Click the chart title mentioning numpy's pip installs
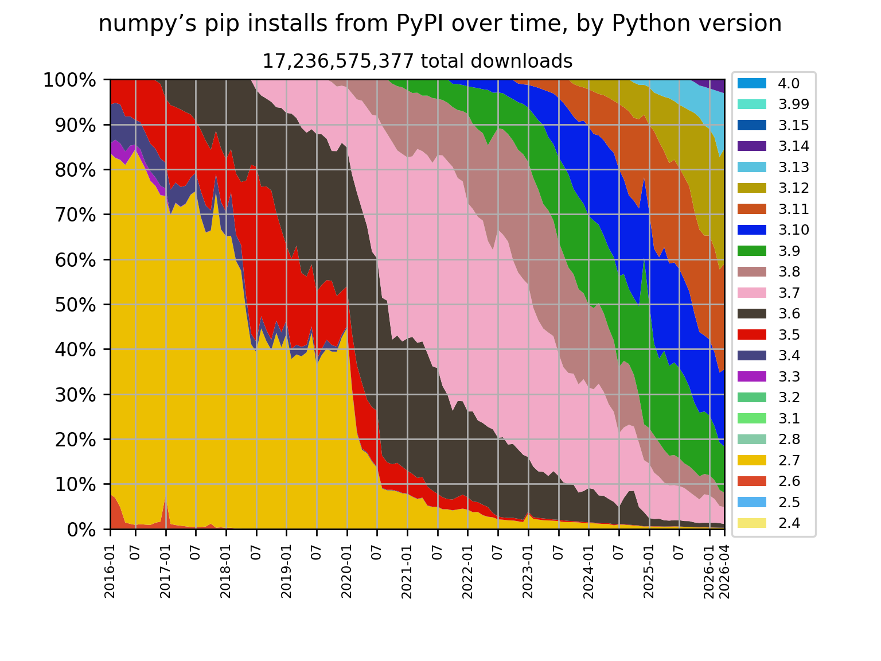pyautogui.click(x=440, y=24)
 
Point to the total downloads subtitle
pyautogui.click(x=417, y=61)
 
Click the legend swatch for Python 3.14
pyautogui.click(x=751, y=146)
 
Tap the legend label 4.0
pyautogui.click(x=788, y=83)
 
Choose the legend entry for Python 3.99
pyautogui.click(x=773, y=104)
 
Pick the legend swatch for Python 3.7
pyautogui.click(x=751, y=293)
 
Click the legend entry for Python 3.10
pyautogui.click(x=773, y=230)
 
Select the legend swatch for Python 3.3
pyautogui.click(x=751, y=376)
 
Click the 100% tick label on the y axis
pyautogui.click(x=69, y=80)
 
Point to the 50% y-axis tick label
pyautogui.click(x=76, y=305)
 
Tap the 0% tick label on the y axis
pyautogui.click(x=81, y=530)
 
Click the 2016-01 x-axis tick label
pyautogui.click(x=110, y=571)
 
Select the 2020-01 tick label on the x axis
pyautogui.click(x=347, y=571)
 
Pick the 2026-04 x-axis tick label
pyautogui.click(x=724, y=571)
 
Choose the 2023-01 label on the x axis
pyautogui.click(x=528, y=571)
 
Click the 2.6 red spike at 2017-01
pyautogui.click(x=165, y=510)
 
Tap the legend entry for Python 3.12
pyautogui.click(x=773, y=188)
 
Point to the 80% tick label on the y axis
pyautogui.click(x=76, y=170)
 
